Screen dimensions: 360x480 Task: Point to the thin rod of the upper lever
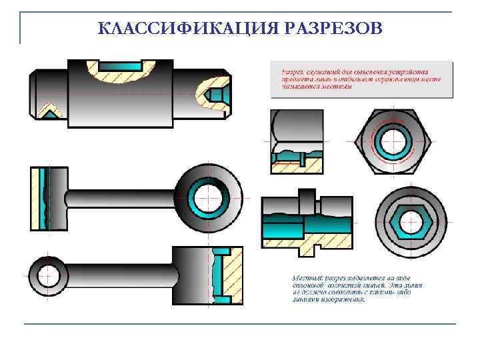tap(120, 198)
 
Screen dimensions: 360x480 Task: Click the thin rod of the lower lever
tap(120, 275)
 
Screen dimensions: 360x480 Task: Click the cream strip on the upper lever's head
tap(35, 198)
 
